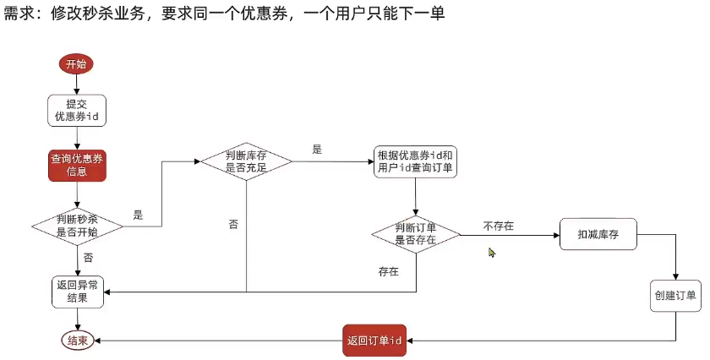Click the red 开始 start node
76,63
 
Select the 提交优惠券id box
77,110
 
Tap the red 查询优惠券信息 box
77,165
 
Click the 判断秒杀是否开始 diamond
77,224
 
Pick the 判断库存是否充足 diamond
246,161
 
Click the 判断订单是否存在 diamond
416,233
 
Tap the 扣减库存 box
598,233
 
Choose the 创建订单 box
674,295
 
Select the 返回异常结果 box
77,292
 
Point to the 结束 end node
77,341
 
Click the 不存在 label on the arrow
499,226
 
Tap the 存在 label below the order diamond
389,272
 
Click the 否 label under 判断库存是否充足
233,224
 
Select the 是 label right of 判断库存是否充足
317,150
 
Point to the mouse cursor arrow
491,252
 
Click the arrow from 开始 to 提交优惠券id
77,83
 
